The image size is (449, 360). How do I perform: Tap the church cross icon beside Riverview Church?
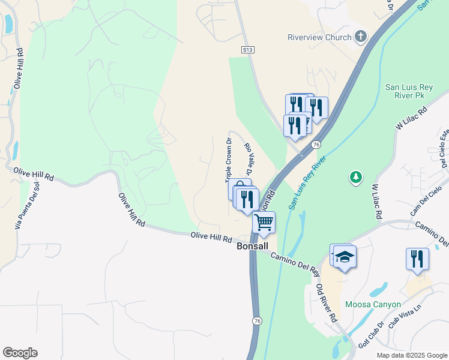pyautogui.click(x=361, y=37)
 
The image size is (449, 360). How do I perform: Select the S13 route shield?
pyautogui.click(x=247, y=49)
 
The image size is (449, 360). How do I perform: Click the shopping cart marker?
pyautogui.click(x=264, y=223)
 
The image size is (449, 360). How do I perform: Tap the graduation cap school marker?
pyautogui.click(x=345, y=257)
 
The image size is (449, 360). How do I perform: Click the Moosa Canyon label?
pyautogui.click(x=372, y=304)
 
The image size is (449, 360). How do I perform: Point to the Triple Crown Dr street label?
pyautogui.click(x=228, y=161)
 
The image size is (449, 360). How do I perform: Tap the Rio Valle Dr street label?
pyautogui.click(x=247, y=158)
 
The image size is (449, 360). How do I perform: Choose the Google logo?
pyautogui.click(x=20, y=353)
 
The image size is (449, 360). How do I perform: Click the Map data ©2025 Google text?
pyautogui.click(x=411, y=355)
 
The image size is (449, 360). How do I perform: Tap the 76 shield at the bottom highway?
pyautogui.click(x=258, y=322)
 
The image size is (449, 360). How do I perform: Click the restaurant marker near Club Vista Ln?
pyautogui.click(x=417, y=259)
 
